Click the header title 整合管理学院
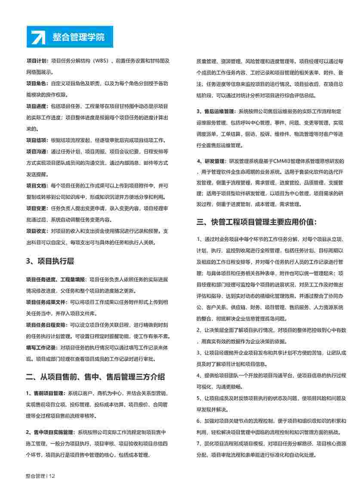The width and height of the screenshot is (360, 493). coord(78,37)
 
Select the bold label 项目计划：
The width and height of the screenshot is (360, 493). coord(38,61)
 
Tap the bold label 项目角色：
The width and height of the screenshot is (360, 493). coord(38,83)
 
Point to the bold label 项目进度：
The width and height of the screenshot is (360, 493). coord(38,106)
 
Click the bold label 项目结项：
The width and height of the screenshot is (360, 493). coord(38,140)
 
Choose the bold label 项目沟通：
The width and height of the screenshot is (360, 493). coord(38,151)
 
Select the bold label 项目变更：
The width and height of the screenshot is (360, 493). coord(38,208)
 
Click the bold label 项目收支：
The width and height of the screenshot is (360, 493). coord(38,231)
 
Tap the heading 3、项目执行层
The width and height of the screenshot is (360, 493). coord(49,261)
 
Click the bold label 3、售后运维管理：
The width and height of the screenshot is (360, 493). coord(217,111)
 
